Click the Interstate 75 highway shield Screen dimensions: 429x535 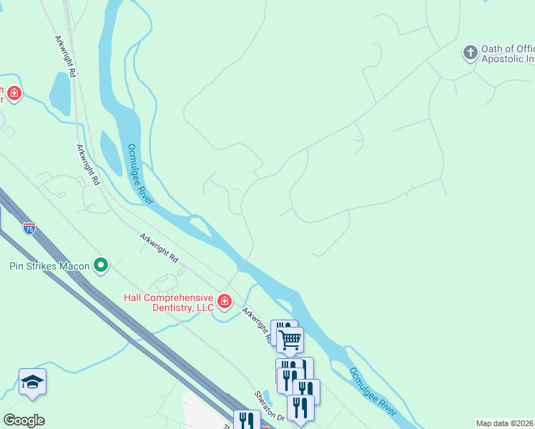click(x=29, y=228)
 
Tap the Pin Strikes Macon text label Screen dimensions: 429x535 click(x=49, y=266)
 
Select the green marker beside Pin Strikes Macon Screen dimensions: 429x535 click(x=101, y=266)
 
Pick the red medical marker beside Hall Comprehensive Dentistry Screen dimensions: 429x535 click(x=225, y=302)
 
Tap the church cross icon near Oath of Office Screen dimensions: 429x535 click(x=470, y=52)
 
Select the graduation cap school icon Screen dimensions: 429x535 click(x=33, y=383)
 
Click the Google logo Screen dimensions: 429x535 click(x=24, y=420)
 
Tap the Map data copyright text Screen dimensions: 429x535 click(x=504, y=423)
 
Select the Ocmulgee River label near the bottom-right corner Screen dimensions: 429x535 click(x=373, y=392)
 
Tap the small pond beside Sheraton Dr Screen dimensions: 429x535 click(x=267, y=396)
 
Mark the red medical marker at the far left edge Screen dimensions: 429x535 click(x=14, y=93)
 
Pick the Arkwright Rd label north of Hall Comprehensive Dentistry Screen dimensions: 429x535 click(x=159, y=247)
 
